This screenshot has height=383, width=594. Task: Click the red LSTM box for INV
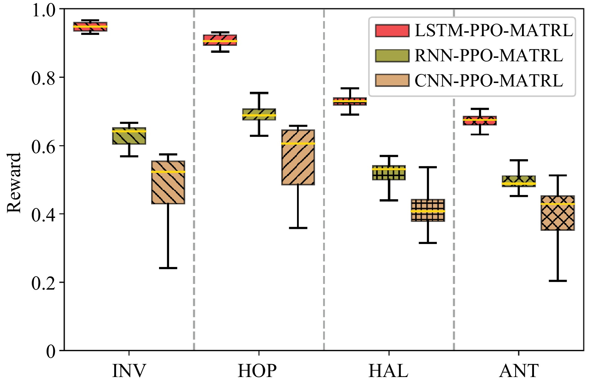point(90,27)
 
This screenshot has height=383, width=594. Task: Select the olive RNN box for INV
point(129,136)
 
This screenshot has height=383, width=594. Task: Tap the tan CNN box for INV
point(168,182)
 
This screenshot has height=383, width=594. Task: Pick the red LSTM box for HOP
point(220,40)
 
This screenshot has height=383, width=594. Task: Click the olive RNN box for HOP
point(259,114)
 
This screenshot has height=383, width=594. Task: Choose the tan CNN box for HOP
point(298,157)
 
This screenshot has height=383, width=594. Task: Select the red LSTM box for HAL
point(350,101)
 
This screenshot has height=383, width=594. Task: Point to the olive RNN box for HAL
point(389,173)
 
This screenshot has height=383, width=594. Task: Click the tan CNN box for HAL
point(428,210)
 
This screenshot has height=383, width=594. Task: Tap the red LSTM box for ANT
point(480,120)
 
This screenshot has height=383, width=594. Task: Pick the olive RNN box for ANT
point(519,181)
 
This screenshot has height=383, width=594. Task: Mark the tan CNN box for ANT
point(558,213)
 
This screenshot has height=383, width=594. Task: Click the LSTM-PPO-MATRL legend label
point(493,31)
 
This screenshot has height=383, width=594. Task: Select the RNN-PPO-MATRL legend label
point(488,56)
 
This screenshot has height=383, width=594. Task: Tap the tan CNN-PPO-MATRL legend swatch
point(392,80)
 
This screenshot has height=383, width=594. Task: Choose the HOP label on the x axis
point(257,371)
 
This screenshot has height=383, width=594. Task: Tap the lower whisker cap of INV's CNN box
point(168,268)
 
